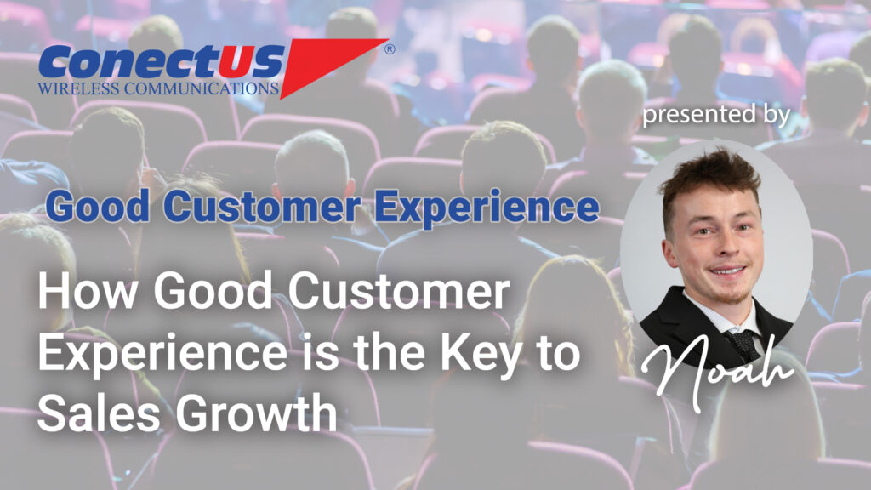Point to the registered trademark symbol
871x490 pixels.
(390, 49)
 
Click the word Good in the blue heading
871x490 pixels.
(98, 206)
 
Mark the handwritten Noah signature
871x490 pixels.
(717, 371)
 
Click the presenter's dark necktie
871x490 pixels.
(743, 342)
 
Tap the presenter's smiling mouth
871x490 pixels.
(726, 271)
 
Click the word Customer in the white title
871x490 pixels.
(399, 291)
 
